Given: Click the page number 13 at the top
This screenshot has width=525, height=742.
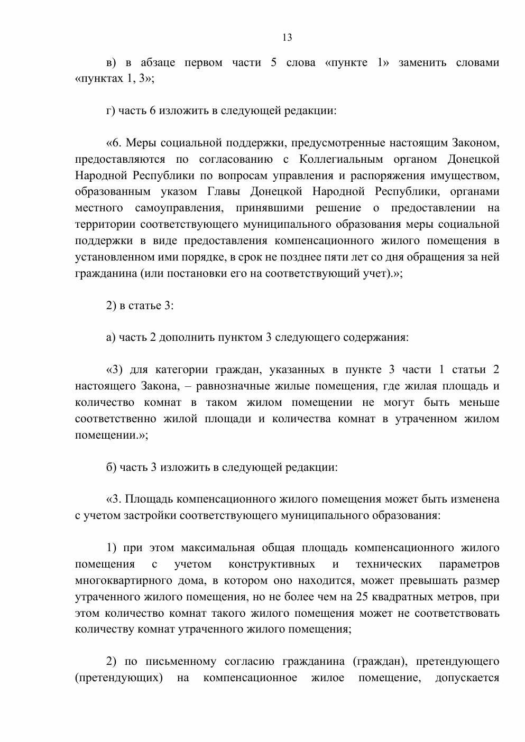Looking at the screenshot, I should tap(287, 38).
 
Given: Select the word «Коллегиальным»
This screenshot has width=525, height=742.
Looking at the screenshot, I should tap(342, 159).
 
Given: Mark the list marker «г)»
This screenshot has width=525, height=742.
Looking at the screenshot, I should tap(110, 111).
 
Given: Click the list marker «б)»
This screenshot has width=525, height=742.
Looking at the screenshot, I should tap(111, 467).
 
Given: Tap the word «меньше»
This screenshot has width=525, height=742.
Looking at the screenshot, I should tap(479, 402).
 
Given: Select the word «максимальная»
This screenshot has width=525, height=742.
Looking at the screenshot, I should tap(218, 548).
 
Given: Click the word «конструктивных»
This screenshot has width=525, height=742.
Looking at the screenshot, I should tap(272, 564).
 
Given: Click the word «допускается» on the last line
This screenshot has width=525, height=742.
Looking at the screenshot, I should tap(467, 678).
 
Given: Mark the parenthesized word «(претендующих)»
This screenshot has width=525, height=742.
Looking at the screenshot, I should tap(119, 678).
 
